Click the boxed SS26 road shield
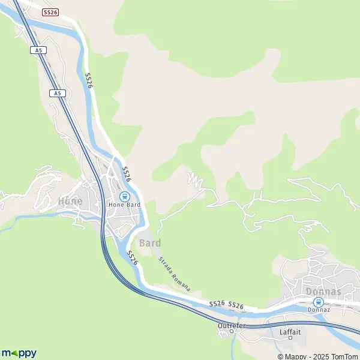coord(50,11)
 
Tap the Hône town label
coord(70,201)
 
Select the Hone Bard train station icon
coord(124,196)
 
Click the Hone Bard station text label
coord(124,205)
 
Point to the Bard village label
coord(149,243)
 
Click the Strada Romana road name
coord(174,274)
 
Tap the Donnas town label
coord(323,292)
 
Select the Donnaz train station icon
coord(319,302)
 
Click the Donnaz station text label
coord(319,310)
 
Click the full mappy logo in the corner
coord(19,353)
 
